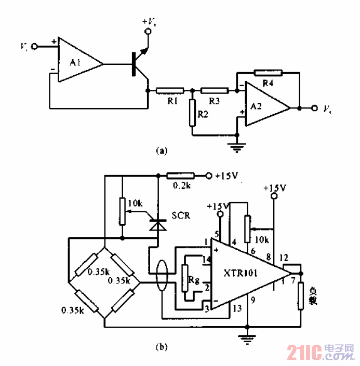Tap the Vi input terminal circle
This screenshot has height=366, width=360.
pos(35,46)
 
